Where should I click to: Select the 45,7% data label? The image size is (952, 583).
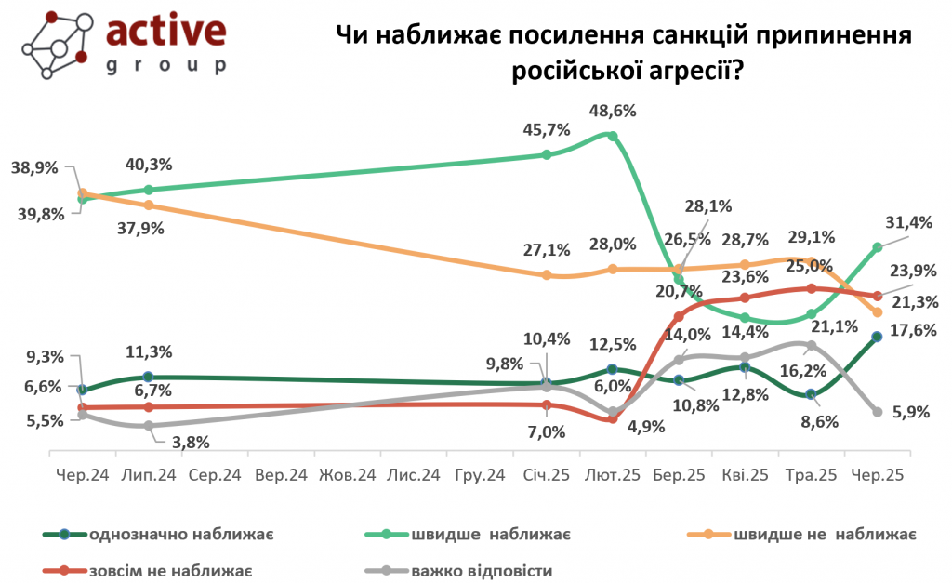tap(548, 130)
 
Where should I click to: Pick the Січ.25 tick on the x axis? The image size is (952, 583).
tap(546, 475)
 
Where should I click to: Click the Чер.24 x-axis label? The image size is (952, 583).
tap(82, 475)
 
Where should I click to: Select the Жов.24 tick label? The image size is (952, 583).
tap(347, 475)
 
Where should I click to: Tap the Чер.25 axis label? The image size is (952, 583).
tap(877, 475)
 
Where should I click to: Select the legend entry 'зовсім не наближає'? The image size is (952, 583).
tap(168, 570)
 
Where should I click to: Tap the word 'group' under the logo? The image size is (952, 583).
tap(165, 67)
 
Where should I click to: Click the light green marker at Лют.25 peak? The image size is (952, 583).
tap(613, 136)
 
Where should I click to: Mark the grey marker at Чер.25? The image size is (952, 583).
tap(877, 412)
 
